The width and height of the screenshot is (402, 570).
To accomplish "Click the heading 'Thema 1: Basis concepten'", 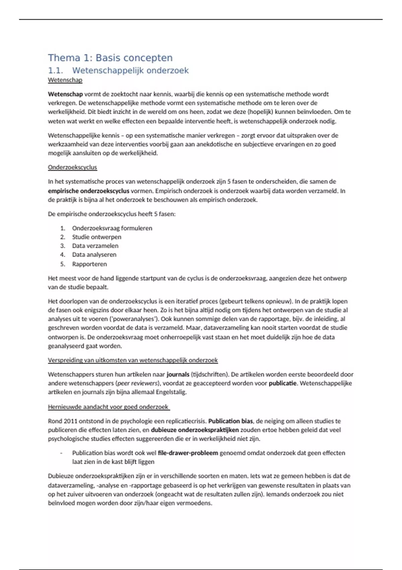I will [110, 58].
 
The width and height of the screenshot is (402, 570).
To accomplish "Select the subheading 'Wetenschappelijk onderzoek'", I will [130, 71].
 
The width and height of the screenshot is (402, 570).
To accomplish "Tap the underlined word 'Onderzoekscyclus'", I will [72, 167].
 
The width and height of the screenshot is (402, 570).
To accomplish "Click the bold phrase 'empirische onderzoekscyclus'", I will [88, 191].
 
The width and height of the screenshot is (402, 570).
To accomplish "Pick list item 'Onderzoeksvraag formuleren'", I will [112, 228].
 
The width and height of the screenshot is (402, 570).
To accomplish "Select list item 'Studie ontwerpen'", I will [96, 237].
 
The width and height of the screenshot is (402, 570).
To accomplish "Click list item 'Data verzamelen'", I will [95, 246].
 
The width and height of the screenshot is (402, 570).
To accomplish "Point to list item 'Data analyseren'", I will [94, 255].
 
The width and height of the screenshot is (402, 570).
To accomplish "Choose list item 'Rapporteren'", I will [89, 264].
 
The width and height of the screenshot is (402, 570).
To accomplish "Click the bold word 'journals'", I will [178, 375].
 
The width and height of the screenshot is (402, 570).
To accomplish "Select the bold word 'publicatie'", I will [282, 383].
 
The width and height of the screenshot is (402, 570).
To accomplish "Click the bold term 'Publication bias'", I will [230, 421].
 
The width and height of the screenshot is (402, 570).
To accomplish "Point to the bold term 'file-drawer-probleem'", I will [188, 453].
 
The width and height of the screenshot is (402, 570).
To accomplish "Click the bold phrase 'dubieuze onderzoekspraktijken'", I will [195, 430].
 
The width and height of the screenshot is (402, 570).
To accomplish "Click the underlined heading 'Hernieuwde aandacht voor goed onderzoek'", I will [108, 407].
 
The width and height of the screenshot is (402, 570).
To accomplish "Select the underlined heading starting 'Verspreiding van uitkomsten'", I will [133, 360].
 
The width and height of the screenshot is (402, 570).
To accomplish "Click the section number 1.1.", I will [55, 71].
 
